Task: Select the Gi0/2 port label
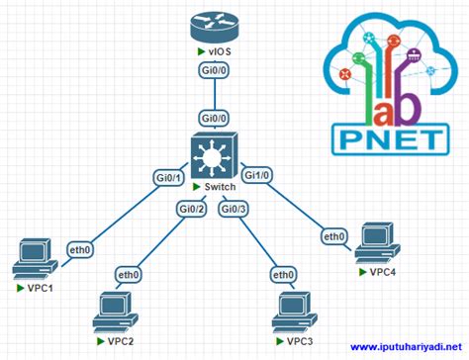click(191, 208)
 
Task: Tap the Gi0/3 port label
click(234, 208)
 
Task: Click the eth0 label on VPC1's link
click(79, 250)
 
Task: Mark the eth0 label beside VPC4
click(333, 236)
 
